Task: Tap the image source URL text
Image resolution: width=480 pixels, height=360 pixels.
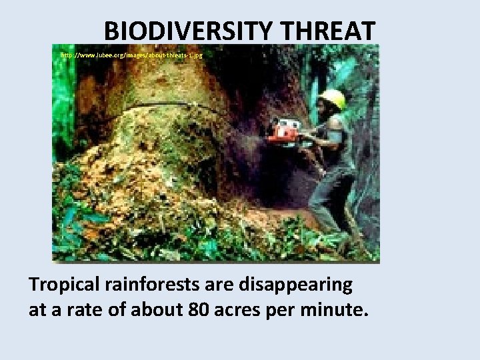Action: pyautogui.click(x=131, y=55)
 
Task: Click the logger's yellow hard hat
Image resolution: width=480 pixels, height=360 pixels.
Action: pyautogui.click(x=333, y=99)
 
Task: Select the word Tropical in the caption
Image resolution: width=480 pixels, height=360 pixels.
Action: pyautogui.click(x=65, y=285)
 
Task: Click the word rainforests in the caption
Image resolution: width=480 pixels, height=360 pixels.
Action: pyautogui.click(x=155, y=285)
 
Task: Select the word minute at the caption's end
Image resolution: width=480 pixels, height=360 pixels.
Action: pyautogui.click(x=342, y=310)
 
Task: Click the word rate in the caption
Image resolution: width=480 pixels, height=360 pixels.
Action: pyautogui.click(x=97, y=310)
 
